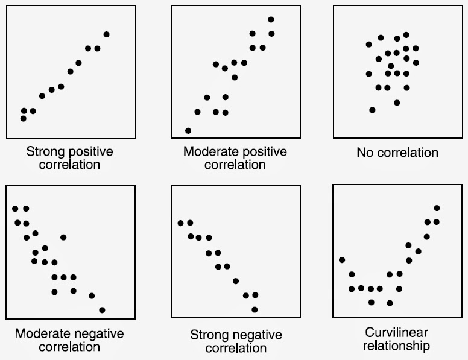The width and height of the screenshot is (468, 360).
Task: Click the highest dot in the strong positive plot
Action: tap(107, 34)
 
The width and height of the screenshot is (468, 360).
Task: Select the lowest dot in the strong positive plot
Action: tap(24, 118)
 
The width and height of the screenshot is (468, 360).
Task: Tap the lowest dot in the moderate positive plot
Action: tap(188, 130)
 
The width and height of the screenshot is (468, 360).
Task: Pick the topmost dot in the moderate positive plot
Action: tap(271, 20)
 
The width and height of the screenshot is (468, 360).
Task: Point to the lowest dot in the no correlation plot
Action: tap(372, 110)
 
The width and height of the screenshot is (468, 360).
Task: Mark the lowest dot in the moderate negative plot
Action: tap(102, 310)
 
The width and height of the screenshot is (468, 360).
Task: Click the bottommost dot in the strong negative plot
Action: tap(255, 309)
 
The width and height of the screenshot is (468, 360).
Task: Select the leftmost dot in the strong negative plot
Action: tap(180, 223)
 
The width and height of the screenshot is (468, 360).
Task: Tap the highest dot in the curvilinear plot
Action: tap(437, 208)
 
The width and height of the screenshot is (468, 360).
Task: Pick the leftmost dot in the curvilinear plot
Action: tap(342, 260)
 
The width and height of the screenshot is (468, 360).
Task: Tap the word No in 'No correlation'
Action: tap(364, 153)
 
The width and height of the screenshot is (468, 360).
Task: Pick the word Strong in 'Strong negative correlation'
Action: tap(208, 335)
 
